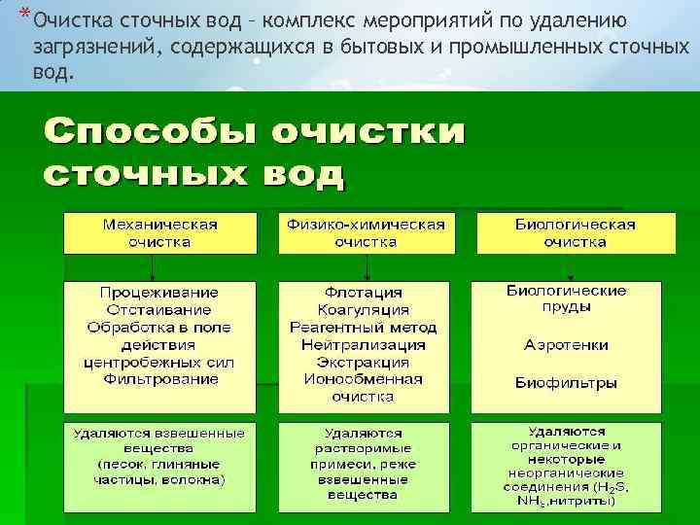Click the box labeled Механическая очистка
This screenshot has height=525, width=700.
pos(160,233)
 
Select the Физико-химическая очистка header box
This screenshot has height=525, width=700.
pos(366,233)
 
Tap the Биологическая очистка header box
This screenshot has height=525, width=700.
pos(575,233)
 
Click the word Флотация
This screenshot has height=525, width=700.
pos(365,293)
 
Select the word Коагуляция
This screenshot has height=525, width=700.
pos(365,310)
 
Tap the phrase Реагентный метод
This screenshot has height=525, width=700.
pos(365,328)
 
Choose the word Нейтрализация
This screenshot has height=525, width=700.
pos(365,344)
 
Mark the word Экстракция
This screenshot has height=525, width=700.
pos(365,362)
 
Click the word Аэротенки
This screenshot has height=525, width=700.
pos(566,345)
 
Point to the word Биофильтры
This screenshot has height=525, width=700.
pos(566,382)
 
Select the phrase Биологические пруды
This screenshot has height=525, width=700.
pos(566,298)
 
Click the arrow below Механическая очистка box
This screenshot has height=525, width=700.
pos(160,266)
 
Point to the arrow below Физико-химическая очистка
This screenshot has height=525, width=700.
pos(366,266)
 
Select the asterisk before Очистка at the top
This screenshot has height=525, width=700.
pos(24,17)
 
